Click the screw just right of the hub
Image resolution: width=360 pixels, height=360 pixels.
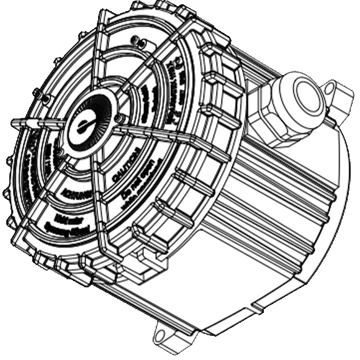[119, 118]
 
